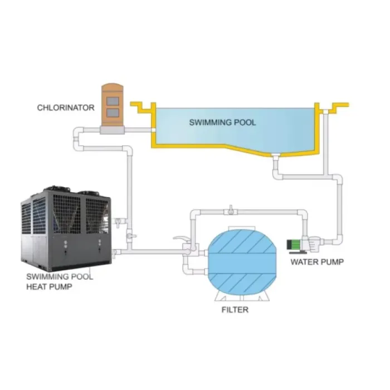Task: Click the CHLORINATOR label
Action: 66,108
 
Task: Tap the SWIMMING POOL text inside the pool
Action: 223,122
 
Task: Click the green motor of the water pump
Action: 293,244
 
